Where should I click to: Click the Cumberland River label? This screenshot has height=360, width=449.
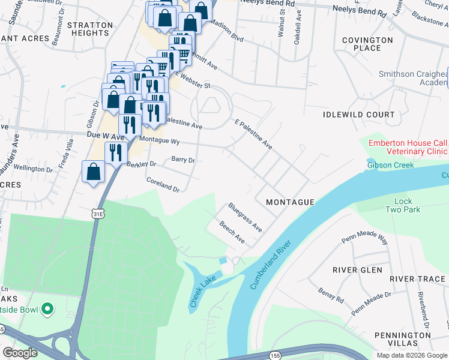coord(271,263)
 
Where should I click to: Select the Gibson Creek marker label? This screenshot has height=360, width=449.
coord(391,165)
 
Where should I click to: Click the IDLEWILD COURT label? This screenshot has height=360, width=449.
coord(359,115)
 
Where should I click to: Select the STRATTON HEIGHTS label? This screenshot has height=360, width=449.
coord(90,29)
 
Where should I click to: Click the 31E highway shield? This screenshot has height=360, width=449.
coord(98,213)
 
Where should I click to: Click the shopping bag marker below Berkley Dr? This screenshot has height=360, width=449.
coord(94,172)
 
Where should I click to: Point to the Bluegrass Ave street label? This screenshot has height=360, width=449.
coord(245,217)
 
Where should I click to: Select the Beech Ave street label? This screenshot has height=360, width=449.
coord(232,232)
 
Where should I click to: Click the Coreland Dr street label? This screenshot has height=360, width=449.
coord(163,184)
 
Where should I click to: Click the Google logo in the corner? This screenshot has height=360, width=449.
coord(20,353)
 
